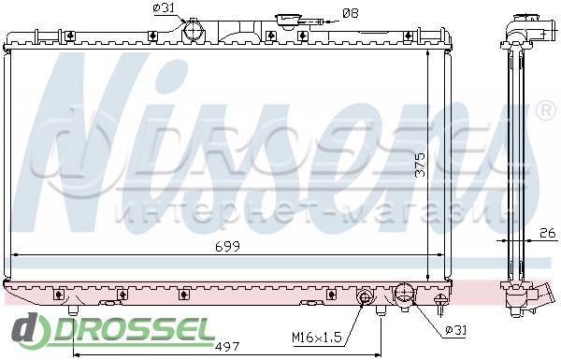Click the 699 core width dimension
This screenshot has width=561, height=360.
point(227,246)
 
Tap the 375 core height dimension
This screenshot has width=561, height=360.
point(420,165)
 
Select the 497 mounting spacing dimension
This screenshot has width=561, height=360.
point(227,346)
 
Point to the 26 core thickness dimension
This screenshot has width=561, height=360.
point(548,233)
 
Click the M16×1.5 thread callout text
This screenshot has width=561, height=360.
point(317,337)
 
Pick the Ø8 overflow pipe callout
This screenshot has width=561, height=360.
point(351,14)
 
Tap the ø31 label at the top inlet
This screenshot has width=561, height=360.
point(163,7)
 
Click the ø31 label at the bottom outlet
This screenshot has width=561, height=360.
point(456,330)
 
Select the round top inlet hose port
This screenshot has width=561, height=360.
point(194,31)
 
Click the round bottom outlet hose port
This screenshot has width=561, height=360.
point(404,295)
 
